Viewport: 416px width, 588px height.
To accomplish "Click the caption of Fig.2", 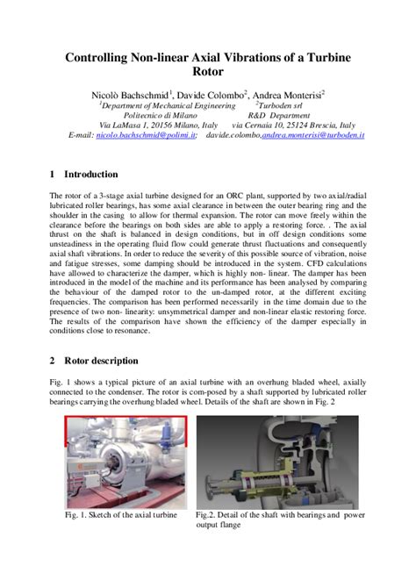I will click(x=279, y=520).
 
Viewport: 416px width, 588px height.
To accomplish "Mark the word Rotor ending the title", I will click(x=208, y=75).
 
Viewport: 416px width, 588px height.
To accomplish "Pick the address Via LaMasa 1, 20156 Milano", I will click(x=140, y=125).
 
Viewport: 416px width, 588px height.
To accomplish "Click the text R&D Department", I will click(x=279, y=114).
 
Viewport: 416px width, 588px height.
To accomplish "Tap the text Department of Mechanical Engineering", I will click(x=161, y=104).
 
